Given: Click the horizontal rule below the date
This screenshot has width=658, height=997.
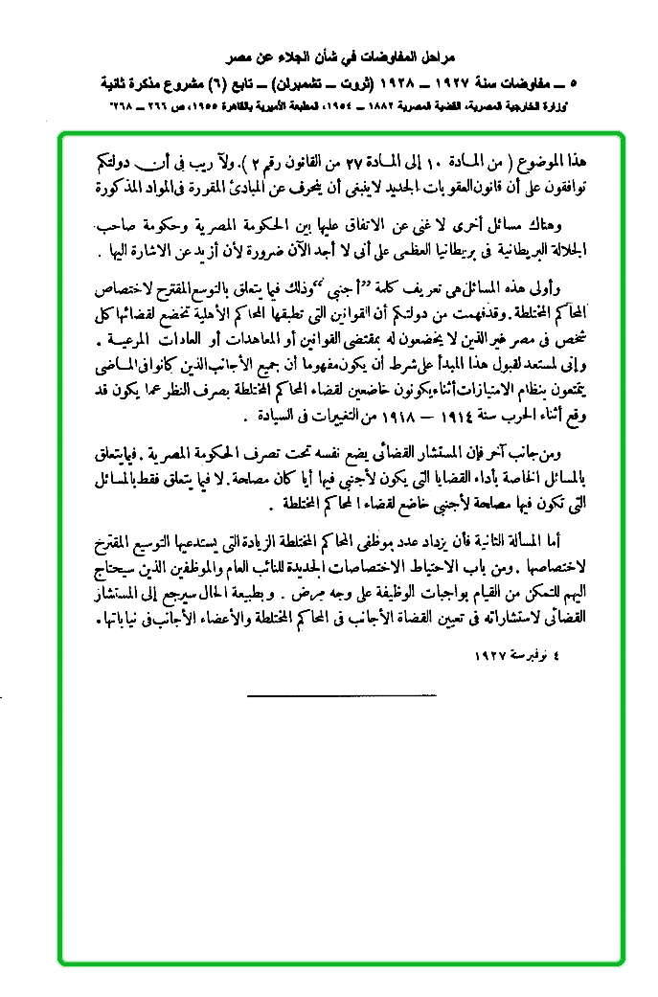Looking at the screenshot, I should click(x=315, y=692).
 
